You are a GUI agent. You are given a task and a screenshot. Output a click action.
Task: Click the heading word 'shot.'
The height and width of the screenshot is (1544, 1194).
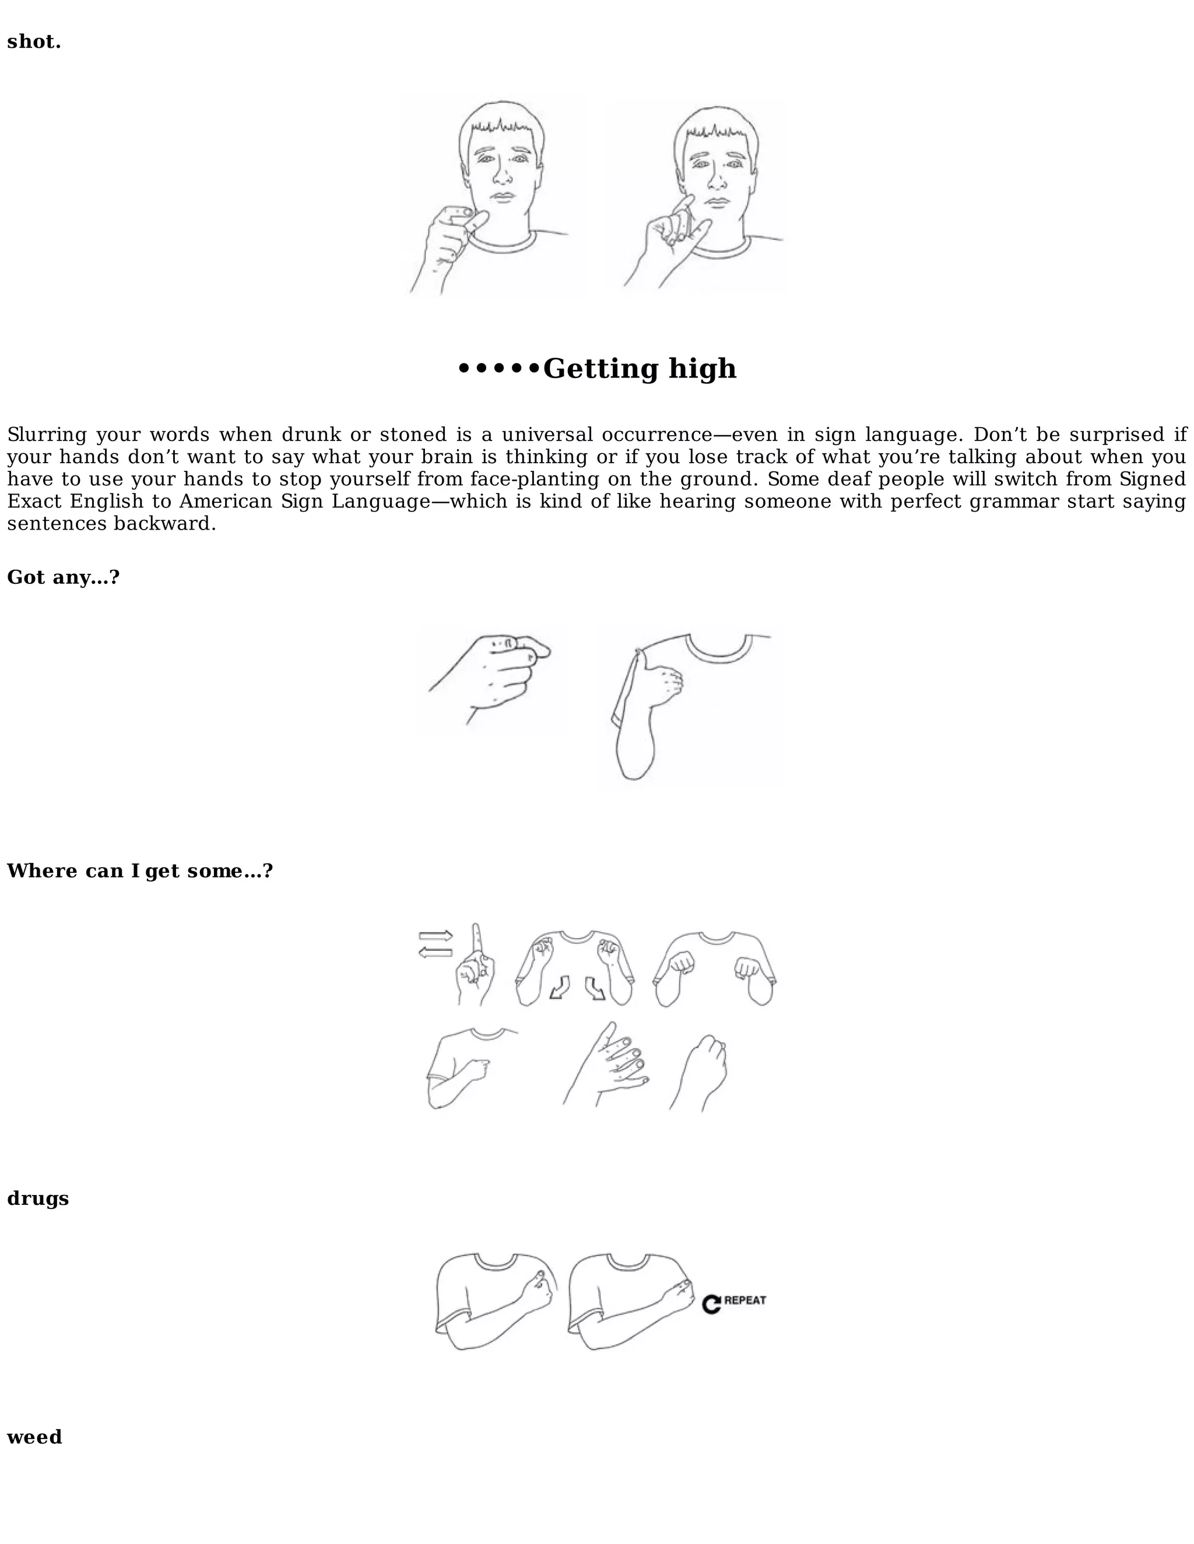34,42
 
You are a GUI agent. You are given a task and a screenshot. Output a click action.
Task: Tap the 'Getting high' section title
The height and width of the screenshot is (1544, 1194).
639,368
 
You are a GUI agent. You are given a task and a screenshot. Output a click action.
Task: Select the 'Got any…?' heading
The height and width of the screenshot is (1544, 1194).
63,577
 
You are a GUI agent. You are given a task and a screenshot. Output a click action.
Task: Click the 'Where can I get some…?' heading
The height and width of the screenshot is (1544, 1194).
139,870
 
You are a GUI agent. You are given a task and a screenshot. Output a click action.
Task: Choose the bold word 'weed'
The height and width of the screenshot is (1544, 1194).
34,1437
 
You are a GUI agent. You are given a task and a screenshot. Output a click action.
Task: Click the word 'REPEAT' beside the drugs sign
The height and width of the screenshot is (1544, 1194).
745,1300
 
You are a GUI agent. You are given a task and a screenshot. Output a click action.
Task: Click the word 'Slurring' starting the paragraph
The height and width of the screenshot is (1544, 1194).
47,434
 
